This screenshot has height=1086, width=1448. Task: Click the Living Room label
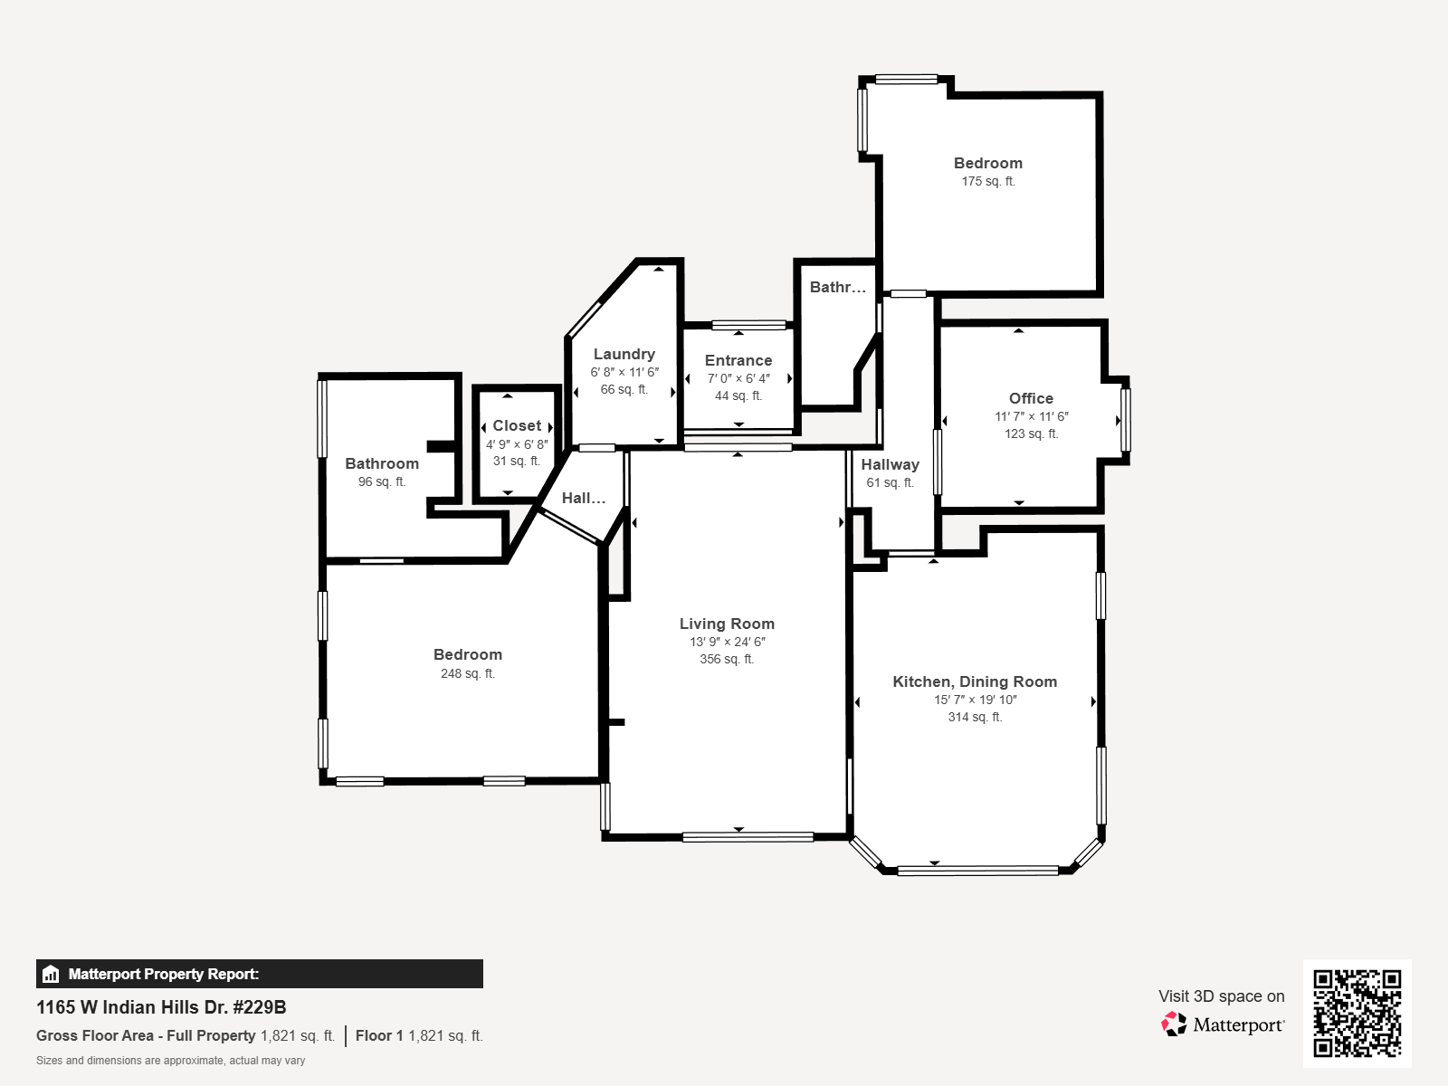coord(727,624)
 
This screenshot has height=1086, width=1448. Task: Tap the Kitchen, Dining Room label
coord(975,681)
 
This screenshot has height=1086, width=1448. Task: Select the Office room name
coord(1031,398)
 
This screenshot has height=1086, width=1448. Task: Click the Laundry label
coord(624,354)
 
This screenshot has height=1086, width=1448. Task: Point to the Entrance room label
coord(738,361)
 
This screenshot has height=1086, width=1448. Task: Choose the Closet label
coord(517,426)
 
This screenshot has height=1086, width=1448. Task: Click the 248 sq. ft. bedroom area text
coord(468,673)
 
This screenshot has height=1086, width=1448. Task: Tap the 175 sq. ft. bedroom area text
coord(988,181)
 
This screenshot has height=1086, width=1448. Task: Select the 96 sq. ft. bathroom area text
coord(381,482)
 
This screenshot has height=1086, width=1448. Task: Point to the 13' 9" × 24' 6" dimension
coord(727,642)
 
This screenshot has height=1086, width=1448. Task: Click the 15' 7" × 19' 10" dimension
coord(975,700)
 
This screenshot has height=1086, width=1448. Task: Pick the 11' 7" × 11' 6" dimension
coord(1031,416)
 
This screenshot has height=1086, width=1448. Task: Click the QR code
coord(1357,1013)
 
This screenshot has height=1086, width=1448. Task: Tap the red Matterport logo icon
coord(1174,1024)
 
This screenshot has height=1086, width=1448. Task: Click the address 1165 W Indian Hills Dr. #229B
coord(161,1007)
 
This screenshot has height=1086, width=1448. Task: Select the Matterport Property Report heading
coord(164,974)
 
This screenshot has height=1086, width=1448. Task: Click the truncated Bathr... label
coord(838,287)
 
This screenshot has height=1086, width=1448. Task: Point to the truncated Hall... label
coord(583,498)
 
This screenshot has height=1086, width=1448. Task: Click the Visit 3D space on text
coord(1221,996)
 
